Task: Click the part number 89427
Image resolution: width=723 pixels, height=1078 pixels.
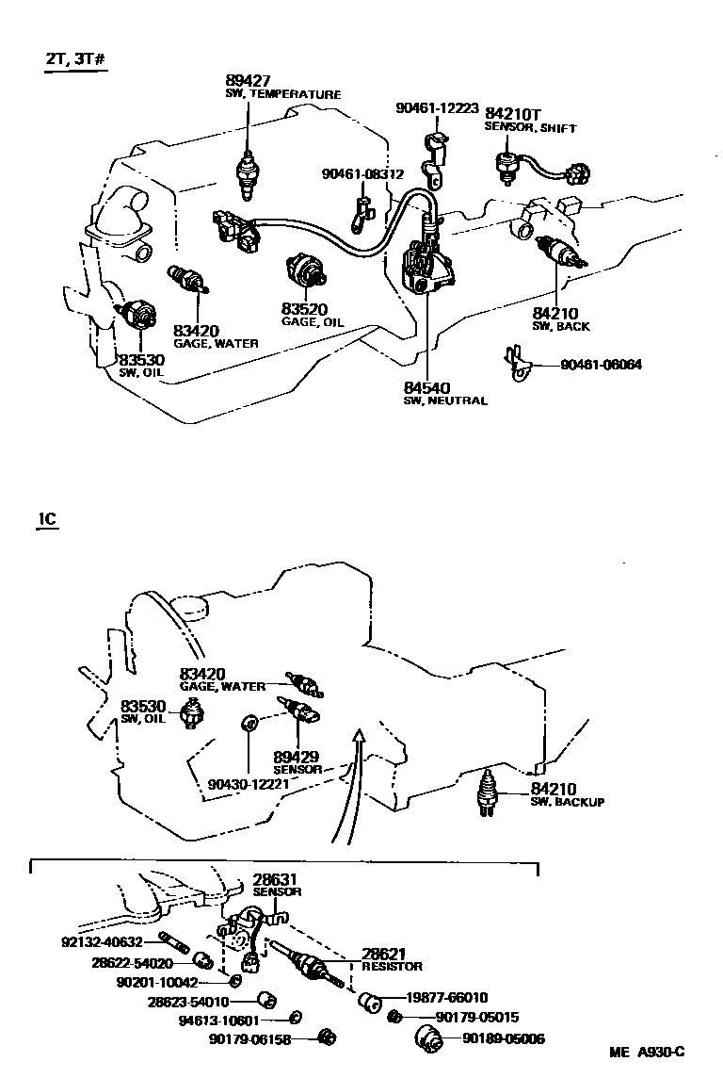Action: [x=247, y=81]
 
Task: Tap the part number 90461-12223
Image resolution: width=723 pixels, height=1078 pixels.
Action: [x=437, y=109]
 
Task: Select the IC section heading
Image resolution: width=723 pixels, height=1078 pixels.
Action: [x=47, y=519]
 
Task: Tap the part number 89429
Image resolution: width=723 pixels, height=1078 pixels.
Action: [x=296, y=757]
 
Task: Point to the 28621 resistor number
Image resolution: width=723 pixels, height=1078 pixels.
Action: [x=386, y=955]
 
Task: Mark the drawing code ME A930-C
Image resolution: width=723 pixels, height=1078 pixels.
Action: [x=646, y=1053]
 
